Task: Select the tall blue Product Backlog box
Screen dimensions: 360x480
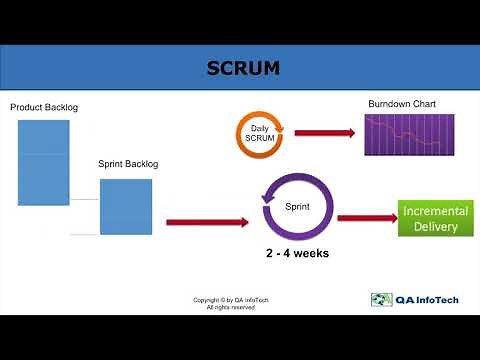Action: pyautogui.click(x=44, y=162)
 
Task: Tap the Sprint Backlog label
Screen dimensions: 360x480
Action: pyautogui.click(x=128, y=163)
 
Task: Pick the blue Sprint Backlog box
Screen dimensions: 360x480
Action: pyautogui.click(x=126, y=206)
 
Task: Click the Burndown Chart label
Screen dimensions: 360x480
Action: pyautogui.click(x=401, y=103)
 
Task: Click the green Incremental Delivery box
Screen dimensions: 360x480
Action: pyautogui.click(x=429, y=218)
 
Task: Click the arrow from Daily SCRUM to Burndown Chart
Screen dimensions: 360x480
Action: pyautogui.click(x=324, y=133)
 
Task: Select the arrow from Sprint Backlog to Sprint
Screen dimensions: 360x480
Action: pyautogui.click(x=206, y=222)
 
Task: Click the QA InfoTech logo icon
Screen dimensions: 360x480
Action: pyautogui.click(x=380, y=299)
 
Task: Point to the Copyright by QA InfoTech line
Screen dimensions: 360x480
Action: pyautogui.click(x=231, y=299)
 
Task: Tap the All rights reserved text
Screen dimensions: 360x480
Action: pyautogui.click(x=231, y=307)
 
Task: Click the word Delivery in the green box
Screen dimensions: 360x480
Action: pyautogui.click(x=429, y=227)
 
